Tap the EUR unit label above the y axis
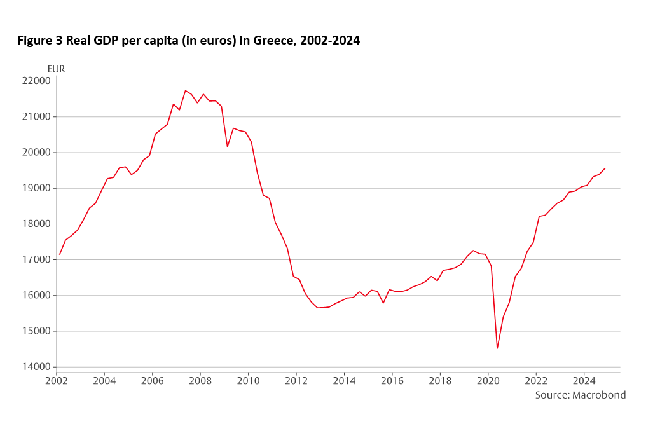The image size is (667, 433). (56, 69)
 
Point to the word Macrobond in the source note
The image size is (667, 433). (599, 395)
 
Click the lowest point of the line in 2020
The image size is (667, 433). (497, 348)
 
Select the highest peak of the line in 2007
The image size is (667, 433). (185, 90)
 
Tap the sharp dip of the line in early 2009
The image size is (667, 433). (228, 147)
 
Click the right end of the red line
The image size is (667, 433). (605, 168)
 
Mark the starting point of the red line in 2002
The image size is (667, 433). (59, 255)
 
